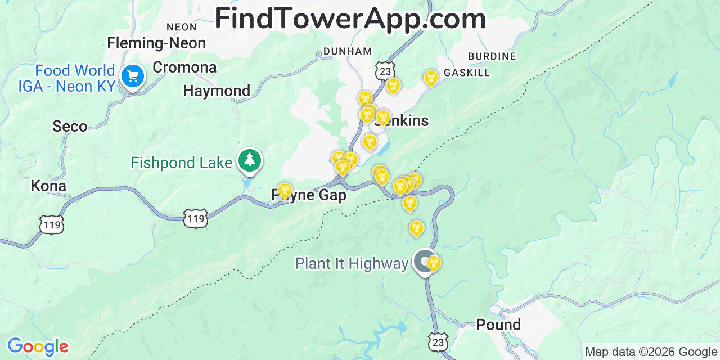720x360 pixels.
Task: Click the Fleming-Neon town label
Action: click(x=156, y=43)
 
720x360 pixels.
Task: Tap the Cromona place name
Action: click(x=184, y=67)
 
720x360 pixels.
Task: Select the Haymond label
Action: click(x=217, y=91)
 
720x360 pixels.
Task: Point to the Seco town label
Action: click(x=70, y=127)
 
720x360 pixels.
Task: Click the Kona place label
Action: click(x=48, y=186)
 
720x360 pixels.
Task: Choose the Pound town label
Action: click(x=498, y=325)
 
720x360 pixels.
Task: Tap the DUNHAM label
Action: click(x=348, y=52)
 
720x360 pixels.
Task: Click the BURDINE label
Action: click(x=492, y=56)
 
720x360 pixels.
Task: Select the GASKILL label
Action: click(x=467, y=73)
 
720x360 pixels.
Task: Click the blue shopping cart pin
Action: click(x=133, y=76)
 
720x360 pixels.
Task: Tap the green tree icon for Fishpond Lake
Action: click(x=249, y=160)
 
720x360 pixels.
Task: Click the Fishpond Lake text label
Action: click(x=181, y=163)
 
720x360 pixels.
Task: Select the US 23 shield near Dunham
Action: click(x=385, y=70)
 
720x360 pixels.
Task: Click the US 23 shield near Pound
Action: click(x=439, y=341)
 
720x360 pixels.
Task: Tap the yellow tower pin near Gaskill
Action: click(x=431, y=78)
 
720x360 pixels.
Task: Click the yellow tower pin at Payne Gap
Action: click(x=285, y=191)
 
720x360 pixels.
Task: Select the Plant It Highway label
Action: click(x=352, y=263)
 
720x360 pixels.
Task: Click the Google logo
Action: click(x=37, y=346)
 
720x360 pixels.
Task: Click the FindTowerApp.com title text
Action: click(x=350, y=19)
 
